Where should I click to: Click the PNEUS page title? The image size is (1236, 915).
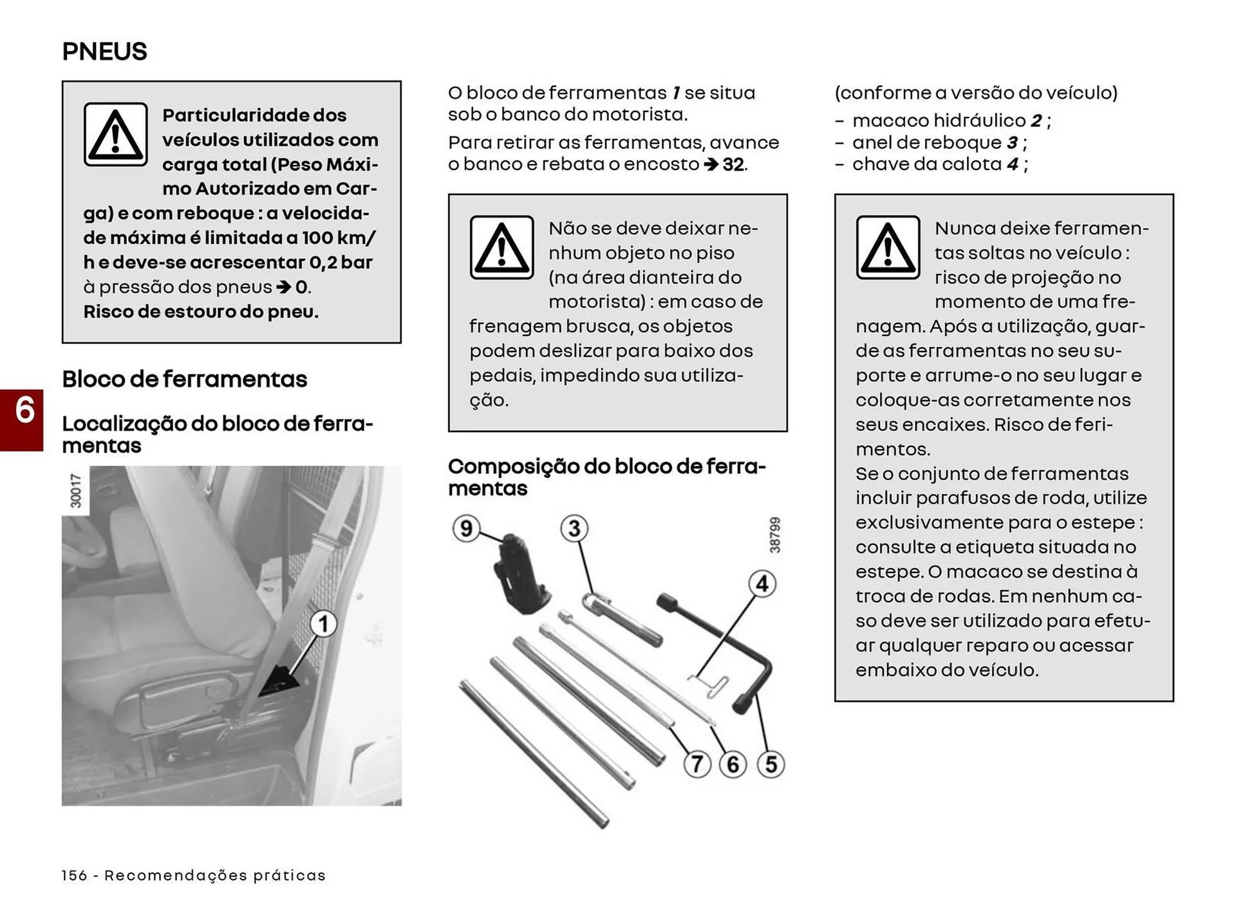[x=104, y=52]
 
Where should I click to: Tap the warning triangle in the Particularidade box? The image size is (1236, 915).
[x=116, y=135]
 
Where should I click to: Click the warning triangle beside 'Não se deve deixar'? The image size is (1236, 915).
[x=501, y=247]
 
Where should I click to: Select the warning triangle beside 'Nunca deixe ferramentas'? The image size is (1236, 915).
[x=888, y=247]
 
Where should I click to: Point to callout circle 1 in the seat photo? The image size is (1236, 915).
[x=323, y=623]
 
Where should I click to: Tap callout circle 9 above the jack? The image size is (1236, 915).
[x=466, y=529]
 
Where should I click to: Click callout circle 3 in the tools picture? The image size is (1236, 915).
[x=574, y=529]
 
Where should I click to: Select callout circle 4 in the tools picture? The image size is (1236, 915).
[x=762, y=583]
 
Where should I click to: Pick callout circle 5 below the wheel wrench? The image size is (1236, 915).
[x=771, y=764]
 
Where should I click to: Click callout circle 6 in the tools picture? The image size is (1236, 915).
[x=733, y=764]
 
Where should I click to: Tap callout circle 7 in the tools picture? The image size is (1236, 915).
[x=697, y=764]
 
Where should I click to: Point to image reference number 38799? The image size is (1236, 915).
[x=775, y=534]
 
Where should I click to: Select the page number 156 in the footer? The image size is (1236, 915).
[x=74, y=875]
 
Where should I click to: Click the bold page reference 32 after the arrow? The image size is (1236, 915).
[x=733, y=164]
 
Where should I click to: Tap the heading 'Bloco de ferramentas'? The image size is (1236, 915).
[x=185, y=379]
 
